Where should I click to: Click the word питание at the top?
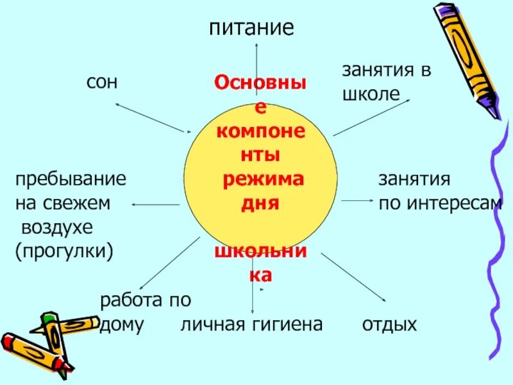coord(251,28)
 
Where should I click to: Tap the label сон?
coord(102,81)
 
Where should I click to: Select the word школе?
coord(371,94)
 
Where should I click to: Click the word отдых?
coord(389,324)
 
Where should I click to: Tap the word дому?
coord(121,324)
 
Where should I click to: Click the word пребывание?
coord(71,180)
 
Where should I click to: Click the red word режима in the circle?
coord(263,180)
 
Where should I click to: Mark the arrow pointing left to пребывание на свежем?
coord(156,204)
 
